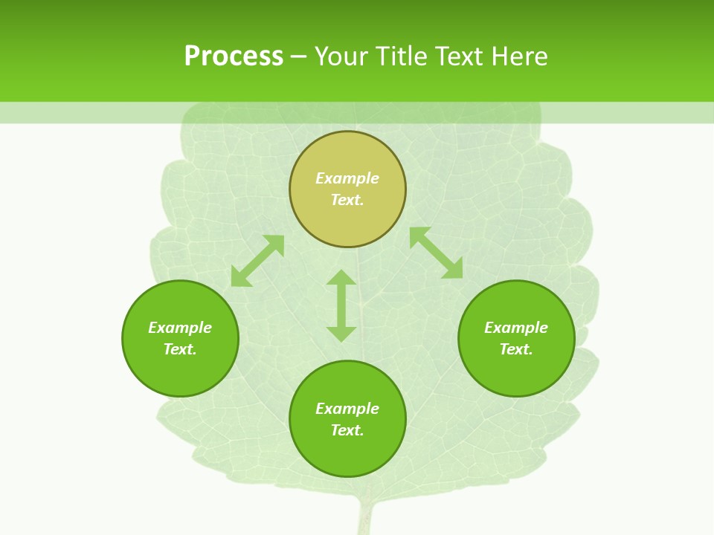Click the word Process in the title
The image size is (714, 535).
(234, 56)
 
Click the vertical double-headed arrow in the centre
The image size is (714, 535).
(341, 305)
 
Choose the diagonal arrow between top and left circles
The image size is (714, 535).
(257, 261)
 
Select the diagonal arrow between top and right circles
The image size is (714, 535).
(436, 253)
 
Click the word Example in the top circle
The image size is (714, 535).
(347, 178)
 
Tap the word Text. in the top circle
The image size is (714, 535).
(347, 200)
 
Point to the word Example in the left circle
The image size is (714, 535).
(180, 328)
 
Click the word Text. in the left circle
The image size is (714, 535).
(180, 349)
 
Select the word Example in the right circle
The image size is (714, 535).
(516, 328)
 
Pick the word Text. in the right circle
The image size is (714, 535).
(516, 349)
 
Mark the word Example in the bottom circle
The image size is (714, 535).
(347, 409)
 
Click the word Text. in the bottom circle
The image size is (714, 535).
(347, 430)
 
